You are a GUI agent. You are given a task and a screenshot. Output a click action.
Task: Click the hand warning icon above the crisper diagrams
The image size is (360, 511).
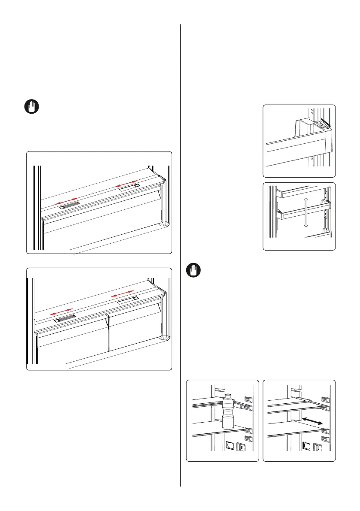pos(31,106)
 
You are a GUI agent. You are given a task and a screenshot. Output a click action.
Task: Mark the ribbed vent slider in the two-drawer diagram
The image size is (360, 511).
pos(64,318)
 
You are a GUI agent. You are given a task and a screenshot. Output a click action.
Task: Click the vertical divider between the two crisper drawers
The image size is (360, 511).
pos(109,333)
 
